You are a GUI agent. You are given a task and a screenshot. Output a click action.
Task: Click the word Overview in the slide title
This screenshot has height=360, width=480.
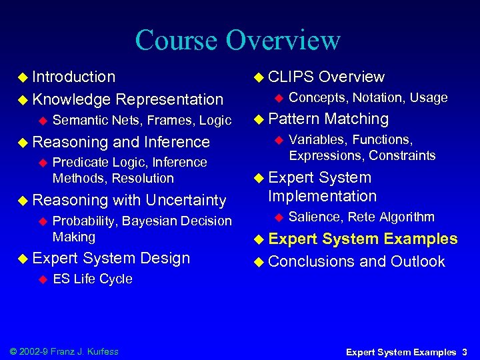[283, 40]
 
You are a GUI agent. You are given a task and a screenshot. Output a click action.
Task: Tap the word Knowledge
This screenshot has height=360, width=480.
[72, 99]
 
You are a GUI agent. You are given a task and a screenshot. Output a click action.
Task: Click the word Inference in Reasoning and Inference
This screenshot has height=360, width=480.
[176, 142]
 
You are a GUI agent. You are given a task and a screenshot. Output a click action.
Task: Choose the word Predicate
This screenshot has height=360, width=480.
[81, 162]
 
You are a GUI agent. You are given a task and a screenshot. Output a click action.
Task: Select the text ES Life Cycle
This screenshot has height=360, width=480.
[92, 279]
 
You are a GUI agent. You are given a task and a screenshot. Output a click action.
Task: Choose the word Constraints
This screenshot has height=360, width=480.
[402, 155]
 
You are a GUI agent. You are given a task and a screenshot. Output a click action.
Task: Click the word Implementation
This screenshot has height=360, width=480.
[322, 196]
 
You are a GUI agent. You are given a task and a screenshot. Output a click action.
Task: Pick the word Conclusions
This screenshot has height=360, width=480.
[311, 261]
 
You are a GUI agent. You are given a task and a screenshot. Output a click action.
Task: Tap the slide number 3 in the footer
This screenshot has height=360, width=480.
[464, 351]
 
